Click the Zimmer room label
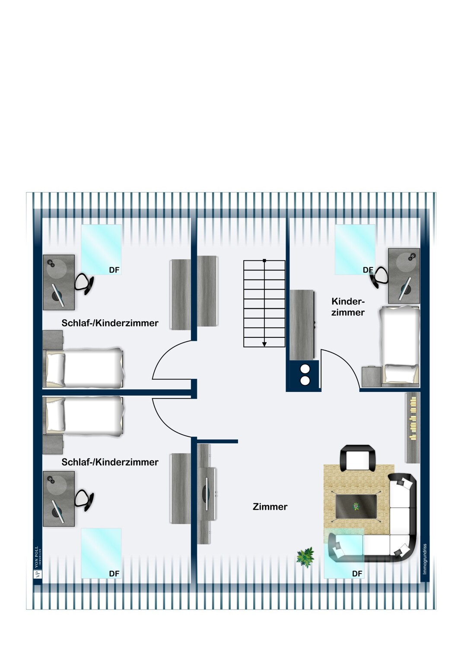tap(270, 507)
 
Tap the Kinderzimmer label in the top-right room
tap(348, 307)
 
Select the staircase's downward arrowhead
tap(264, 344)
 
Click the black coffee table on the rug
tap(356, 506)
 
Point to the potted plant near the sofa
tap(306, 557)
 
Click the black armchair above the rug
tap(358, 458)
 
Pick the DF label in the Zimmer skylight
tap(357, 574)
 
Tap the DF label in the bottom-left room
tap(114, 574)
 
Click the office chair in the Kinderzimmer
tap(379, 276)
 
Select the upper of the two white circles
tap(305, 369)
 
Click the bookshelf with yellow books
tap(413, 427)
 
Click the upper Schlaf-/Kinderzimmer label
tap(110, 323)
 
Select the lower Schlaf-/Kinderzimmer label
tap(110, 462)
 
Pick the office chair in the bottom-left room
tap(84, 500)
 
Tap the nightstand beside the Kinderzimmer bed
tap(371, 376)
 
